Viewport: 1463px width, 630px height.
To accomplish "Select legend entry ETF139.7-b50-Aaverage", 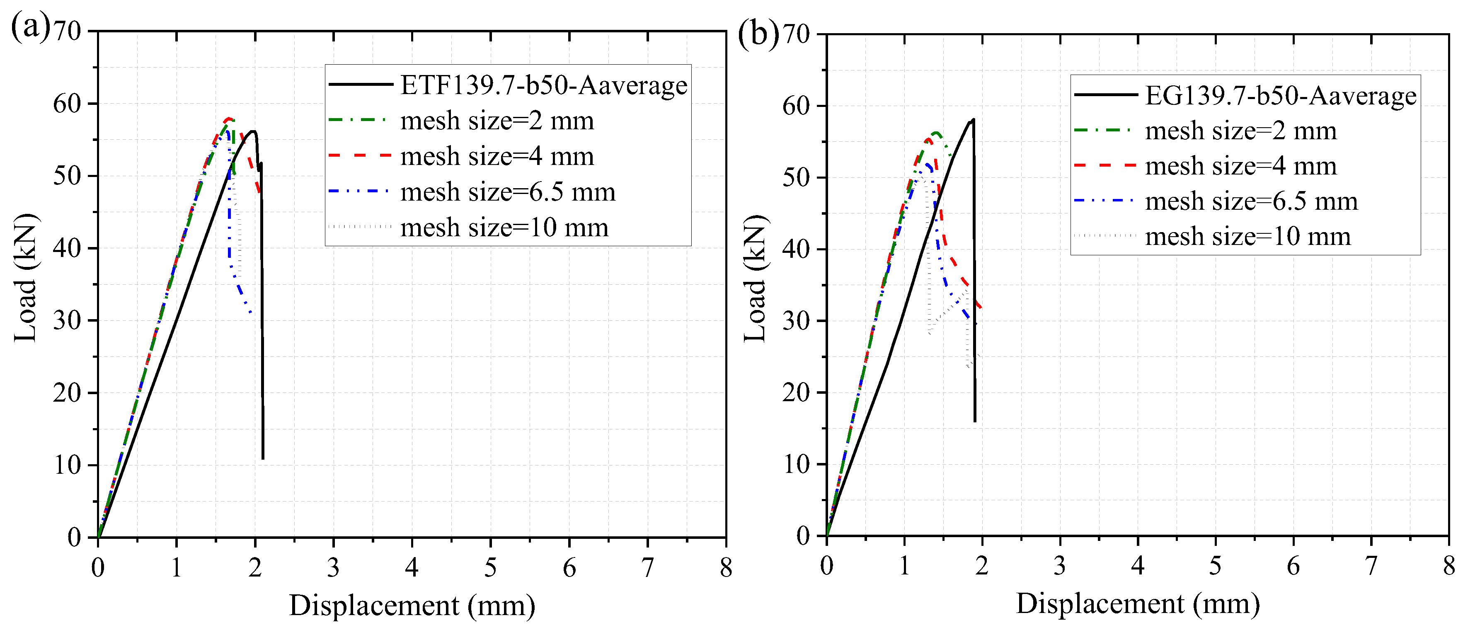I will pos(543,85).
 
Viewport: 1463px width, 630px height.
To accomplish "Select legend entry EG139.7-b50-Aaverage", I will pos(1281,95).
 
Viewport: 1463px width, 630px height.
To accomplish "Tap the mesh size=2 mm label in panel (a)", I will pos(497,121).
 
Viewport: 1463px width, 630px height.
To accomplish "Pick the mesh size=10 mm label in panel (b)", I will pos(1248,236).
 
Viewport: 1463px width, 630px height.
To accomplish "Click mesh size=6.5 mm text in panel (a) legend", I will pos(508,192).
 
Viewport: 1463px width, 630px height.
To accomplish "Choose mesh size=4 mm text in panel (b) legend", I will pos(1241,166).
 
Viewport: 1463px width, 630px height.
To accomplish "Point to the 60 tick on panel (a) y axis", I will pos(67,104).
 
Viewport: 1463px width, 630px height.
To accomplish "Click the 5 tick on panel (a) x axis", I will pos(490,567).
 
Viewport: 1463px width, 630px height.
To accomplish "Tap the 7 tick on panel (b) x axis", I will pos(1371,566).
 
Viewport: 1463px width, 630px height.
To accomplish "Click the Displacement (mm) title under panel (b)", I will pos(1138,603).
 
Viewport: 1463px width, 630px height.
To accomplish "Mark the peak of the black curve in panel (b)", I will pos(974,119).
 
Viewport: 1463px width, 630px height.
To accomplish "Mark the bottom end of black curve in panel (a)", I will pos(263,458).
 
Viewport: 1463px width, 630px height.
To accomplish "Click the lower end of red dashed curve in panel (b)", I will pos(981,308).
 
